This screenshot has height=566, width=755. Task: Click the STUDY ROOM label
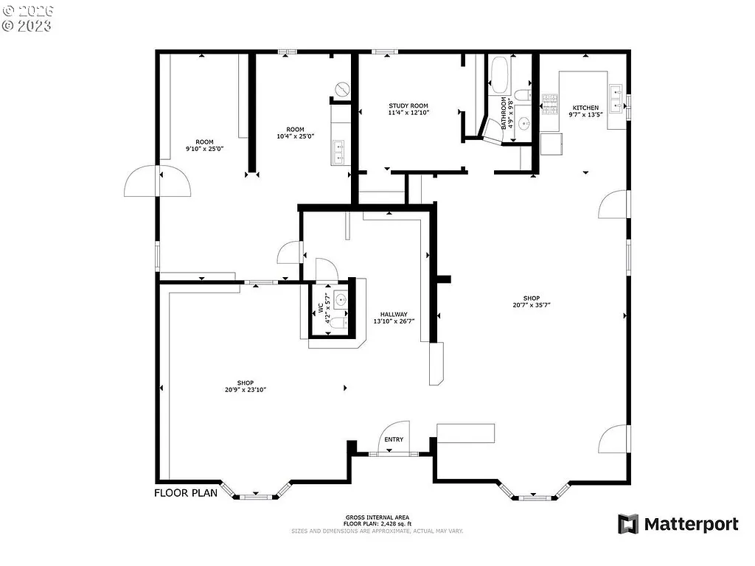pyautogui.click(x=408, y=106)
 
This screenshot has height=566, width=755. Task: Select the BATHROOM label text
pyautogui.click(x=504, y=113)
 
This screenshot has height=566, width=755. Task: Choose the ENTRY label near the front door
pyautogui.click(x=394, y=440)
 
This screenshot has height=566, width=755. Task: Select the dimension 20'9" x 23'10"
pyautogui.click(x=246, y=390)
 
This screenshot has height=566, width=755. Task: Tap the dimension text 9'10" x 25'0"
pyautogui.click(x=204, y=149)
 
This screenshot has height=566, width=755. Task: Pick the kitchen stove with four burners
pyautogui.click(x=550, y=105)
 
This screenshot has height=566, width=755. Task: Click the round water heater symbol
pyautogui.click(x=341, y=89)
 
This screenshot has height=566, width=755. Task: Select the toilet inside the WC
pyautogui.click(x=336, y=322)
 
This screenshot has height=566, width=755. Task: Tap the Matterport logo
pyautogui.click(x=678, y=524)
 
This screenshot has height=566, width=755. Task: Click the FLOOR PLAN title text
pyautogui.click(x=186, y=493)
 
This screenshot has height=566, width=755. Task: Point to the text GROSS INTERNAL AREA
pyautogui.click(x=377, y=517)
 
